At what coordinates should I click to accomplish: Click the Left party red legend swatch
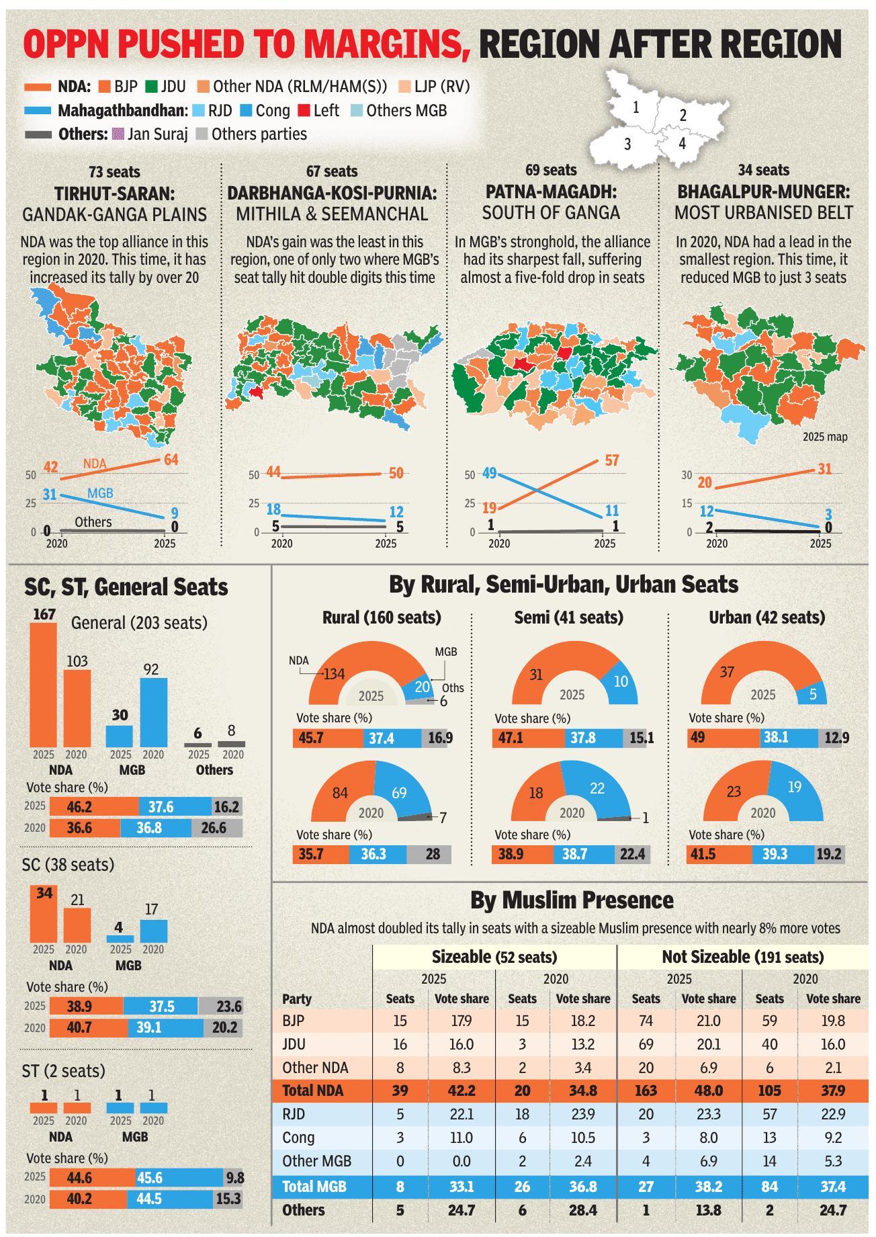[x=304, y=111]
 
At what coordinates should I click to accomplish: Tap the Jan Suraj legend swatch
[x=118, y=134]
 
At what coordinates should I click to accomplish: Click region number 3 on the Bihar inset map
[x=627, y=144]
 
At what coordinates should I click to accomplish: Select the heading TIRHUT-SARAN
[x=115, y=194]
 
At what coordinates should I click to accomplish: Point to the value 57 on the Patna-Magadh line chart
[x=611, y=461]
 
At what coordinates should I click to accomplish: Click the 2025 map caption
[x=825, y=437]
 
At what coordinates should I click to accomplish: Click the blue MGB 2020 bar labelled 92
[x=153, y=712]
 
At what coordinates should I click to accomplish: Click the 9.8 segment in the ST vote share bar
[x=234, y=1178]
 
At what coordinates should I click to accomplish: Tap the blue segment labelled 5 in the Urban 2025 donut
[x=812, y=694]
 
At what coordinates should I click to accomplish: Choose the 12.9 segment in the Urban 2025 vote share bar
[x=833, y=738]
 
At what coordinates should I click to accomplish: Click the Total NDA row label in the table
[x=312, y=1091]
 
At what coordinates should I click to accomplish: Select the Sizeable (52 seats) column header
[x=494, y=957]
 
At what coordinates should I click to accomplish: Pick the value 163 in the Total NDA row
[x=646, y=1091]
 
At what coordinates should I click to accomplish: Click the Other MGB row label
[x=316, y=1161]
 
